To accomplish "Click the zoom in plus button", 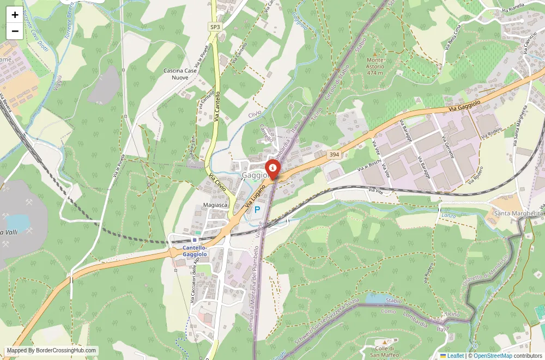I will (15, 15).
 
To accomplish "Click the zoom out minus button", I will (15, 31).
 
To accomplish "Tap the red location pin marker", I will (272, 169).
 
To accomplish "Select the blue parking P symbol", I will (257, 209).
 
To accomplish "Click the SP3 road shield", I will (216, 27).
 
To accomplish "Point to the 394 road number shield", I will (334, 155).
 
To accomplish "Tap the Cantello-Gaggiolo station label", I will (195, 251).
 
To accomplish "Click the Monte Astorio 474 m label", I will (375, 66).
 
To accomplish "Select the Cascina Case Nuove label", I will (180, 74).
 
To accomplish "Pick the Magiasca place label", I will (215, 205).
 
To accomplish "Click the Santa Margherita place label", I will (518, 213).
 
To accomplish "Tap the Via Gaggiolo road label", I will (464, 106).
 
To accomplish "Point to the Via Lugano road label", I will (253, 198).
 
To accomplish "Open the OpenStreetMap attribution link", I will (493, 356).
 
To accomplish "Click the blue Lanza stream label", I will (449, 216).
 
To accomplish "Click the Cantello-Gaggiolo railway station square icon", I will (195, 240).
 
